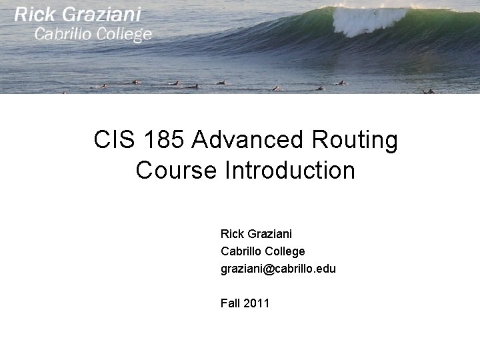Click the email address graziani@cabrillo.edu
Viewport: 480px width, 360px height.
pyautogui.click(x=278, y=269)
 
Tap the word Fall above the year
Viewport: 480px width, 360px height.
pyautogui.click(x=230, y=303)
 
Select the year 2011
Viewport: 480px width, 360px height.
pyautogui.click(x=257, y=303)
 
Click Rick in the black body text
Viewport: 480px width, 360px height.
pyautogui.click(x=232, y=234)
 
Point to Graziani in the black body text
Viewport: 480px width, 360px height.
pyautogui.click(x=269, y=234)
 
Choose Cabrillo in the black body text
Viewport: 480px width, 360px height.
pyautogui.click(x=241, y=251)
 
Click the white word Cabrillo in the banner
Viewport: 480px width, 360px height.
pyautogui.click(x=63, y=34)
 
